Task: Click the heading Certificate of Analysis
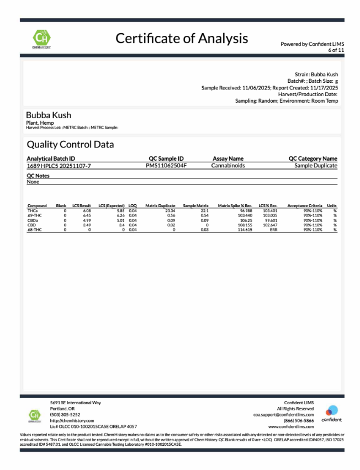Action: coord(182,38)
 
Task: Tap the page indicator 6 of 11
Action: coord(336,50)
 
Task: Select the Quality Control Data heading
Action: coord(71,145)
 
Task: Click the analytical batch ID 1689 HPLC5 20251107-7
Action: coord(59,165)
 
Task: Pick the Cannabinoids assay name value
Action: coord(228,165)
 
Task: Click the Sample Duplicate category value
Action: coord(315,165)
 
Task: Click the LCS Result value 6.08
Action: coord(87,211)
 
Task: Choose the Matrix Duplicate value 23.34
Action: coord(170,211)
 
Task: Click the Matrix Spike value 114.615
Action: coord(245,229)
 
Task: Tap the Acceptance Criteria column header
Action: coord(304,205)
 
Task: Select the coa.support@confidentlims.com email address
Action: coord(283,414)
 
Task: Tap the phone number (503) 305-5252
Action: coord(65,414)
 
